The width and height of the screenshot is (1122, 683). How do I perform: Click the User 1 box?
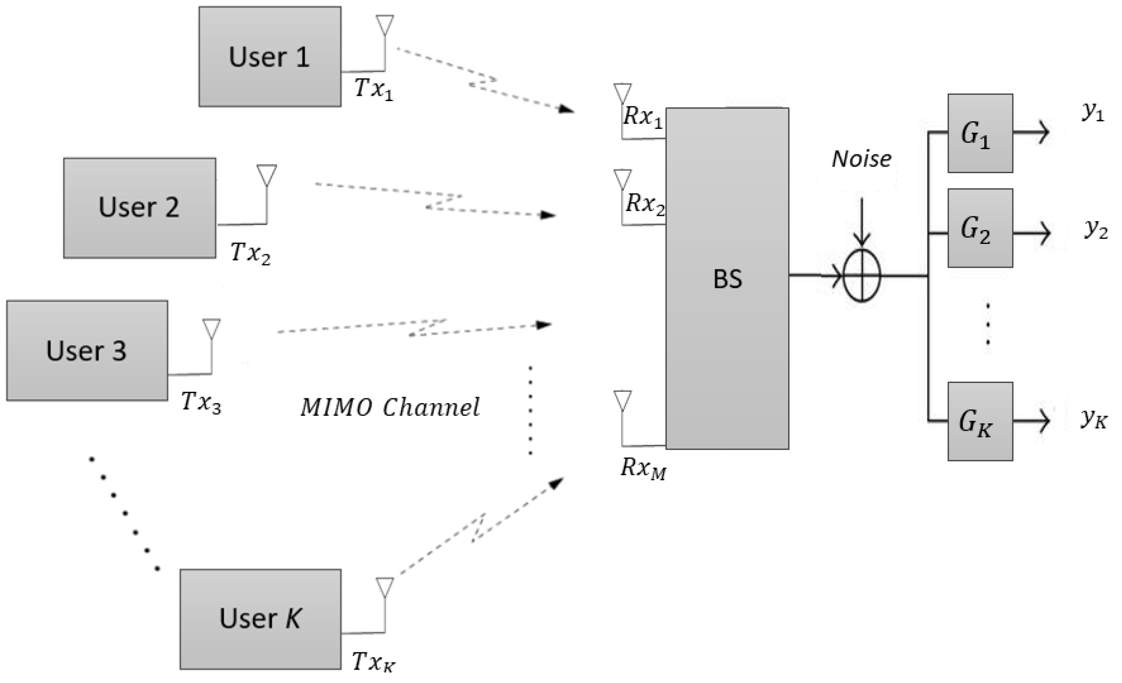click(270, 57)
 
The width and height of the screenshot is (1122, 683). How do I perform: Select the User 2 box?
click(139, 208)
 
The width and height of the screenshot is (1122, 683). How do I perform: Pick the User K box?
click(260, 619)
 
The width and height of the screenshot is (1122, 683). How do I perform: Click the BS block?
click(727, 279)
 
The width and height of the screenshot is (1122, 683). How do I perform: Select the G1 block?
click(980, 133)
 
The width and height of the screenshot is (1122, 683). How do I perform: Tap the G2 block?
click(980, 228)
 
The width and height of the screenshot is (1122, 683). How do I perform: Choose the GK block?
click(980, 421)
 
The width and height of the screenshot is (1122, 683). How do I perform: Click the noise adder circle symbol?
click(861, 275)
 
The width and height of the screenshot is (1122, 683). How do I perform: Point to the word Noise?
click(861, 159)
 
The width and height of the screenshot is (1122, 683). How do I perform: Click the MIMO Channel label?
click(390, 407)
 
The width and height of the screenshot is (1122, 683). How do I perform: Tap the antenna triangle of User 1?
click(385, 24)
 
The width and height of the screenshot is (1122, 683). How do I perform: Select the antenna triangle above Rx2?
click(623, 178)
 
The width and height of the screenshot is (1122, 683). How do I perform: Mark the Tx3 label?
click(201, 402)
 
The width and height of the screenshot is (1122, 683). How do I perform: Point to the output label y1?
click(1093, 112)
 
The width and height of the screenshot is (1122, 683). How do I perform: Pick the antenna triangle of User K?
click(385, 587)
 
